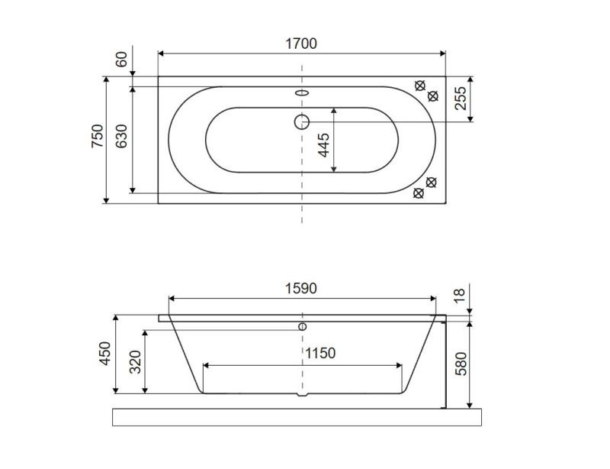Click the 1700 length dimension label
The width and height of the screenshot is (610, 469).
tap(301, 44)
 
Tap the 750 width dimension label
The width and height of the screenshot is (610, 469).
tap(98, 136)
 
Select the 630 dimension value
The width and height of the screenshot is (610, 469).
tap(122, 136)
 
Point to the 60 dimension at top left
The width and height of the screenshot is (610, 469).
tap(122, 60)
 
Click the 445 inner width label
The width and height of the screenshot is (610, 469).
tap(323, 145)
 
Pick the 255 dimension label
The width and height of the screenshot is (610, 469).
tap(461, 99)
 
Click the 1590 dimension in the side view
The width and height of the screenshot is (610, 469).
tap(301, 289)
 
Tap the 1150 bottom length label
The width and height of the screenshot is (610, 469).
tap(319, 353)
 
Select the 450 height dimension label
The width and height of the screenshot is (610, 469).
tap(105, 353)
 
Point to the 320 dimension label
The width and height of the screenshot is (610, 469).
tap(136, 362)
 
